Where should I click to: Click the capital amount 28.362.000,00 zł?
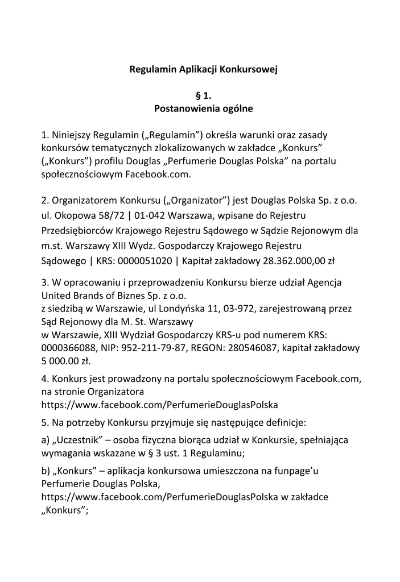coord(290,260)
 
